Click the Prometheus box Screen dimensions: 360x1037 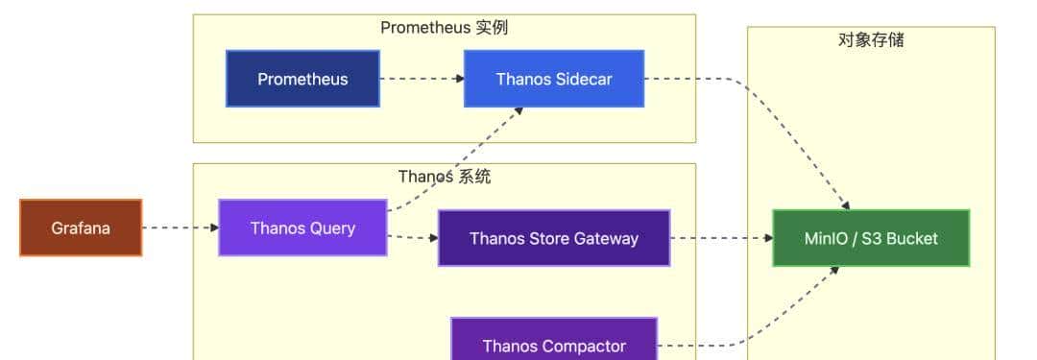[x=302, y=79]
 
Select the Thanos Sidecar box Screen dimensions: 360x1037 [x=554, y=79]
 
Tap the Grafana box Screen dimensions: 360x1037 [x=81, y=228]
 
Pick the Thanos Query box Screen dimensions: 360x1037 [x=302, y=228]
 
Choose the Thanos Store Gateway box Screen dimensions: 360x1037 [x=554, y=238]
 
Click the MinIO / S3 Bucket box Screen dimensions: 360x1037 [x=871, y=238]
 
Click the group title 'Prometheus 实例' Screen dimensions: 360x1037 [x=444, y=27]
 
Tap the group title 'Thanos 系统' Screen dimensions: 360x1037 [x=445, y=177]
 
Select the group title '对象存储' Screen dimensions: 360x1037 [x=871, y=39]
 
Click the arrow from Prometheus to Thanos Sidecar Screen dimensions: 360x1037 [x=421, y=79]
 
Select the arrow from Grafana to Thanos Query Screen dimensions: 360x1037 [x=180, y=228]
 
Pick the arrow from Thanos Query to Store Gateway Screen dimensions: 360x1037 [x=412, y=236]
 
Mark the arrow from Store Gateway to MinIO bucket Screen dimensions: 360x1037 [x=720, y=238]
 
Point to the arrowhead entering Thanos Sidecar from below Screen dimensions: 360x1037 [x=518, y=111]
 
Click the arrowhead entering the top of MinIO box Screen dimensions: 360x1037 [x=846, y=204]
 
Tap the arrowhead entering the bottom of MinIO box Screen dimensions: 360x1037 [x=834, y=271]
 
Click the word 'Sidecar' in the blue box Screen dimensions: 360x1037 [x=583, y=79]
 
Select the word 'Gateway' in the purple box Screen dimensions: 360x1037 [x=607, y=238]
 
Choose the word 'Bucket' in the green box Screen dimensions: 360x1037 [x=911, y=238]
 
